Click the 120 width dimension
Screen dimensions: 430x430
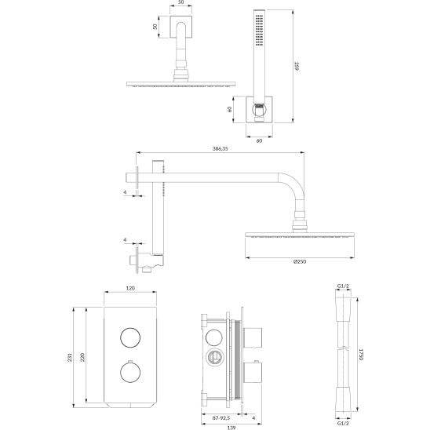(x=130, y=288)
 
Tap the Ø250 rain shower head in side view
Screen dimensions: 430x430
(x=291, y=236)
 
